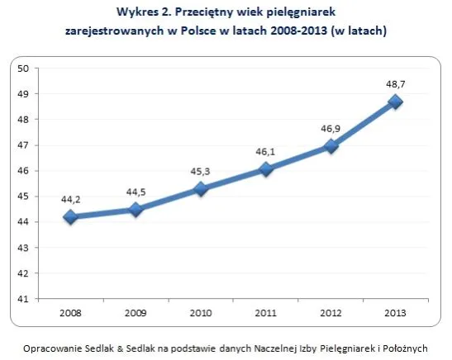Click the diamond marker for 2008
[x=70, y=216]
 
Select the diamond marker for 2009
[x=136, y=209]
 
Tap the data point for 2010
[x=201, y=188]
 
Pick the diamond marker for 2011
[x=266, y=168]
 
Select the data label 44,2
[x=70, y=198]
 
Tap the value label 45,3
[x=201, y=171]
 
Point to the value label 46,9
[x=331, y=129]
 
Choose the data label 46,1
[x=266, y=150]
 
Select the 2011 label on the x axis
[x=266, y=315]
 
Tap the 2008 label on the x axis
[x=70, y=315]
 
